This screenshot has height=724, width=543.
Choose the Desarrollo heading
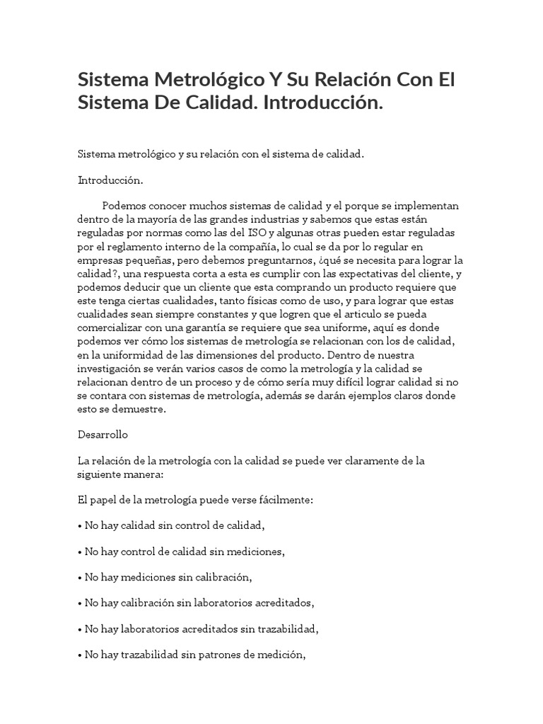[x=103, y=435]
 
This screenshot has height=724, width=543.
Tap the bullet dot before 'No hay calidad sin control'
[x=80, y=525]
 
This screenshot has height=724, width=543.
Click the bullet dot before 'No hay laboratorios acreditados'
[x=80, y=629]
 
